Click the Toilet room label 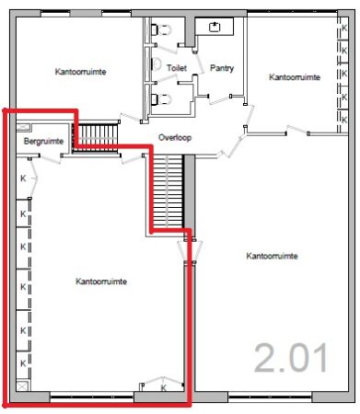click(177, 68)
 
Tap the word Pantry click(222, 68)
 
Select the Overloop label click(175, 137)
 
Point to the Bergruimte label click(43, 141)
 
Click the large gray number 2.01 click(291, 358)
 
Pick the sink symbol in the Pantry click(215, 27)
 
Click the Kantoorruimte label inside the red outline click(101, 282)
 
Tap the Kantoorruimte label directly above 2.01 click(272, 256)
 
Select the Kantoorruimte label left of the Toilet click(80, 72)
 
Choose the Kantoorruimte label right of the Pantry click(295, 76)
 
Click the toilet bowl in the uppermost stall click(161, 29)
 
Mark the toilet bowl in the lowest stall click(161, 99)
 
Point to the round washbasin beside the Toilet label click(157, 63)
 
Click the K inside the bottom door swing click(163, 387)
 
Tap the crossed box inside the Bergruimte click(23, 127)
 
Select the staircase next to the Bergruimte click(95, 137)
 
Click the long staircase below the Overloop click(168, 191)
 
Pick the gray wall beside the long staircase click(190, 195)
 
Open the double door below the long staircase click(190, 250)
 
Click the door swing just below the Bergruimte click(51, 159)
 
